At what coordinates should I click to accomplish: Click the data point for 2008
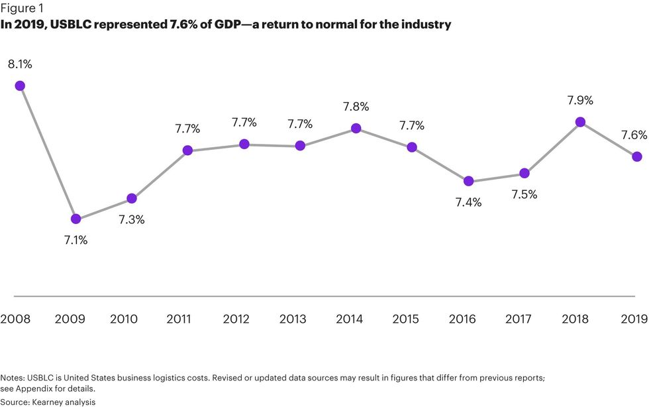pos(20,86)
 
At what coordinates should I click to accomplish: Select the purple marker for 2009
pos(75,219)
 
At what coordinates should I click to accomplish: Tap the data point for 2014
pos(356,128)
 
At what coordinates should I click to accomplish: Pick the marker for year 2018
pos(580,121)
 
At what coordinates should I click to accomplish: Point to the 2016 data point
pos(468,181)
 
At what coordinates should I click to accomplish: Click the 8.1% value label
pos(19,64)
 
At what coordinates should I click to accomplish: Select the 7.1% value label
pos(75,240)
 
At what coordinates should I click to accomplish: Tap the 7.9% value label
pos(580,101)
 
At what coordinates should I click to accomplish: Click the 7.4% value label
pos(468,202)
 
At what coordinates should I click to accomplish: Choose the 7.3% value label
pos(132,219)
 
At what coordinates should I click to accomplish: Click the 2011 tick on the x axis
pos(179,320)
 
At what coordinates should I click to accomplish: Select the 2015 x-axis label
pos(405,320)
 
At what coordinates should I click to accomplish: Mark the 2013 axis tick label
pos(293,320)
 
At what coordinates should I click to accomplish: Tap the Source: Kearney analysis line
pos(48,402)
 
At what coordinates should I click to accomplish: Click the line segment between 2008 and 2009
pos(48,152)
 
